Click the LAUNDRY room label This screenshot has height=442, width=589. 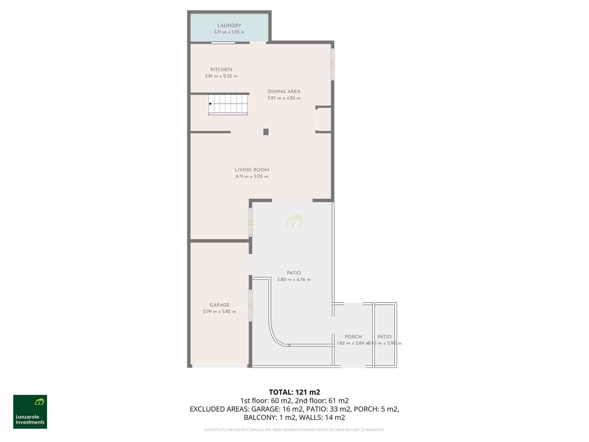point(229,25)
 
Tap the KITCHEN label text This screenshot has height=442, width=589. point(221,70)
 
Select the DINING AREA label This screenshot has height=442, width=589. point(284,92)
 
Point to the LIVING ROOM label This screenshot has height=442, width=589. point(252,170)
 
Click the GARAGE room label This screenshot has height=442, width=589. point(219,305)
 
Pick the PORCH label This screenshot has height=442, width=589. point(353,337)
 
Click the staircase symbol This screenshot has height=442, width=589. point(228,104)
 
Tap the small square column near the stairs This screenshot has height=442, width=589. point(266,132)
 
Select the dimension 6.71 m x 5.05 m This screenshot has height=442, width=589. point(252,177)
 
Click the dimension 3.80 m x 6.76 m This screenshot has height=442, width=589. point(294,280)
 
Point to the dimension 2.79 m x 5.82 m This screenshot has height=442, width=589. point(219,312)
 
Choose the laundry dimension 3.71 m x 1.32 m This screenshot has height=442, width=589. point(229,32)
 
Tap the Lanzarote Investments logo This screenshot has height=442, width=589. point(30,412)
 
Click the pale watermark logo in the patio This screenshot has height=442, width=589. point(294,221)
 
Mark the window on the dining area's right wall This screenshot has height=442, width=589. point(332,64)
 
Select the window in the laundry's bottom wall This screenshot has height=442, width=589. point(223,43)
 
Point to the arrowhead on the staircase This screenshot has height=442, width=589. point(210,104)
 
